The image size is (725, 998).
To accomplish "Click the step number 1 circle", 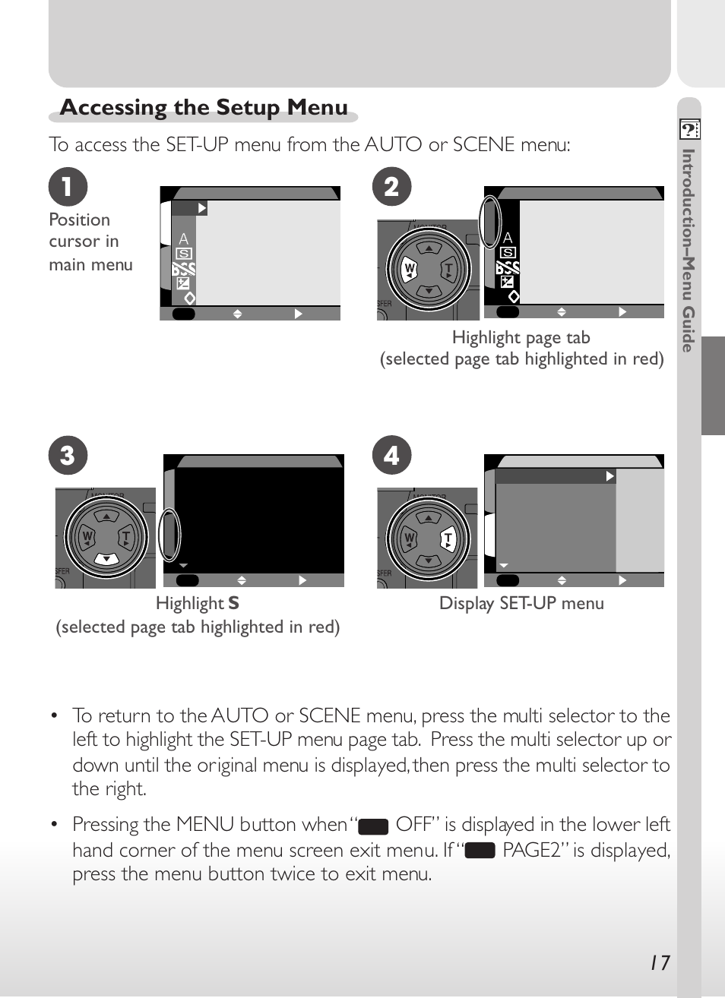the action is click(x=68, y=187).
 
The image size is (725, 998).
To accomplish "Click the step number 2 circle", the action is click(x=391, y=187).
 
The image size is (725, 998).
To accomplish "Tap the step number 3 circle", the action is click(x=68, y=456).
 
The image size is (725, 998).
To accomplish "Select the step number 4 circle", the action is click(x=391, y=456).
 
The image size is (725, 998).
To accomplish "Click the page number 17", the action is click(x=660, y=963).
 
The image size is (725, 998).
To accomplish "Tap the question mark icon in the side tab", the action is click(x=689, y=130).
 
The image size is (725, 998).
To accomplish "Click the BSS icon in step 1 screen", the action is click(x=183, y=269).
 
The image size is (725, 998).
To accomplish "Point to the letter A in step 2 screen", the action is click(x=508, y=238).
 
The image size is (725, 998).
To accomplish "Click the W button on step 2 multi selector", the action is click(x=410, y=269).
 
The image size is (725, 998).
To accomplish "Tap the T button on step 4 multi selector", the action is click(x=448, y=539).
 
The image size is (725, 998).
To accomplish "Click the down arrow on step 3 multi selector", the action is click(x=106, y=559).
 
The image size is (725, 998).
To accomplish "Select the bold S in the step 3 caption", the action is click(x=233, y=604).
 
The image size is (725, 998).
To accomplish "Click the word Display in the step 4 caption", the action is click(x=466, y=604).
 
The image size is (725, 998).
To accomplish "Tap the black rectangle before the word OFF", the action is click(x=373, y=826).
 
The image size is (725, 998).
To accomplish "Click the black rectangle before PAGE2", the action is click(x=480, y=851).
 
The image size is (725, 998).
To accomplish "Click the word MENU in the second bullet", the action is click(x=204, y=825).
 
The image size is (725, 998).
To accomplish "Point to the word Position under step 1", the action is click(x=79, y=220).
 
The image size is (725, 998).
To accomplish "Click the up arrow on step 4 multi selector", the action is click(x=429, y=518).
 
